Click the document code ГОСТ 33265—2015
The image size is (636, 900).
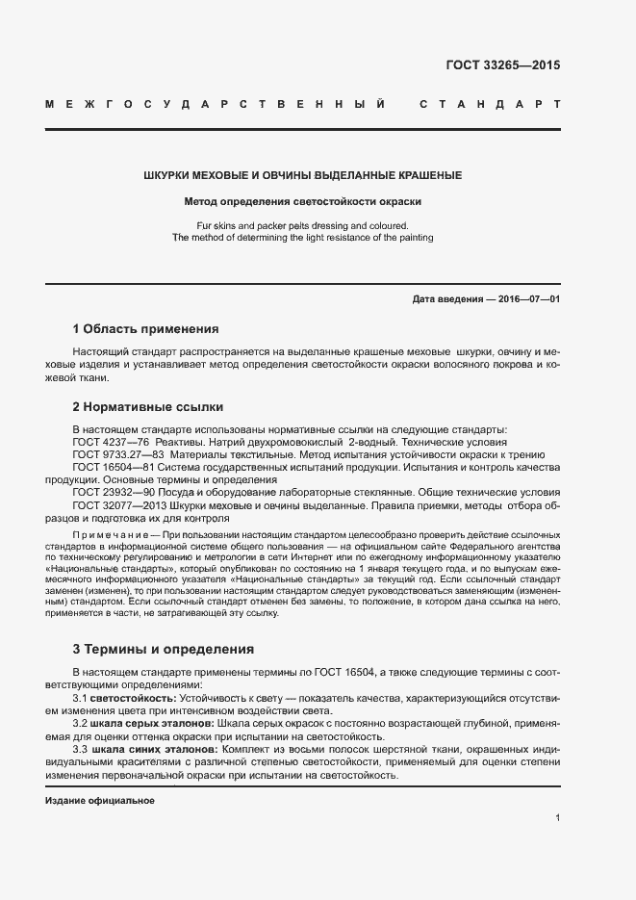click(x=502, y=66)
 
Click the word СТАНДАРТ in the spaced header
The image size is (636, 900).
click(x=489, y=103)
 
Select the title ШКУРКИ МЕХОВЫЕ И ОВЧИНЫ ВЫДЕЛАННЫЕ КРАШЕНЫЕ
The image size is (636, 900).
click(x=302, y=176)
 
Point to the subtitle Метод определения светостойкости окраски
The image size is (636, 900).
click(x=302, y=202)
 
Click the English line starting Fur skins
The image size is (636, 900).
click(x=302, y=225)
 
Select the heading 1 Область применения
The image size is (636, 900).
click(x=145, y=328)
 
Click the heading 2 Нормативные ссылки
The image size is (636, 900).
click(x=147, y=406)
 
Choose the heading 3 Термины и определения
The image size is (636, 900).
click(x=164, y=649)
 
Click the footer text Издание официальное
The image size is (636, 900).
click(x=100, y=801)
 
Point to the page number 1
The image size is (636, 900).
click(x=557, y=817)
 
